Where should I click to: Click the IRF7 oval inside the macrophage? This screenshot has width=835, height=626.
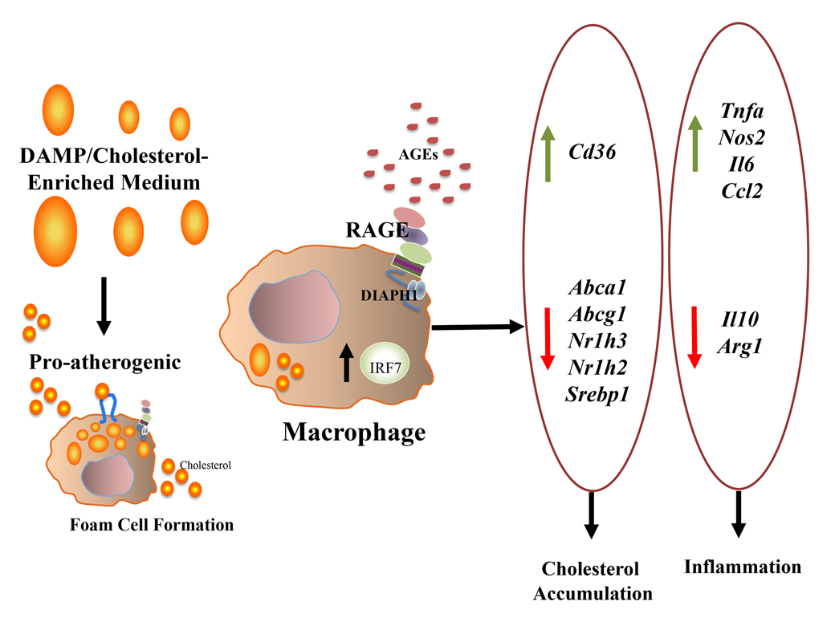(382, 368)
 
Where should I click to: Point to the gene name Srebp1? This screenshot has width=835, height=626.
(595, 393)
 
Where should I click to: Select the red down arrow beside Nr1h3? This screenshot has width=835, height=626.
(548, 340)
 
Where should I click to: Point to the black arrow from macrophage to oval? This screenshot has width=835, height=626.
(477, 327)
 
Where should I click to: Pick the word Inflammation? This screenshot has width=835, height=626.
(743, 567)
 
